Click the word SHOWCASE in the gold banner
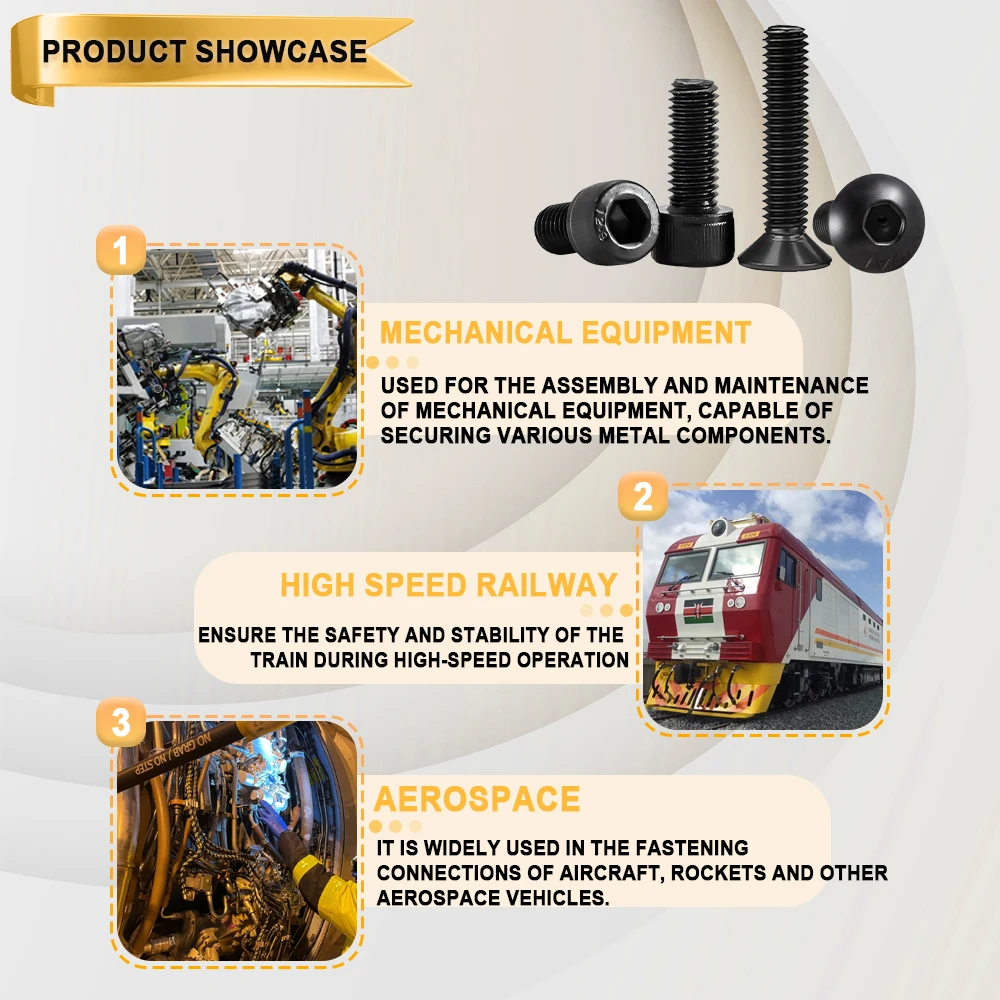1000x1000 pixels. [281, 52]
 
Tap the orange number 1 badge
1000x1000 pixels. [121, 250]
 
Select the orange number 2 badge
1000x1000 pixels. [643, 496]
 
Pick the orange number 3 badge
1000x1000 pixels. [121, 723]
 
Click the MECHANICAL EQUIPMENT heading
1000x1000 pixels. [565, 333]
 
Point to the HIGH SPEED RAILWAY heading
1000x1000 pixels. [448, 585]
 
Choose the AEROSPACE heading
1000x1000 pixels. [477, 799]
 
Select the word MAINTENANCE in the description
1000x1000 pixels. [791, 385]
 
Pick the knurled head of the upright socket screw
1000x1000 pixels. [693, 235]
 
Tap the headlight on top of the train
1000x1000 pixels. [719, 526]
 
